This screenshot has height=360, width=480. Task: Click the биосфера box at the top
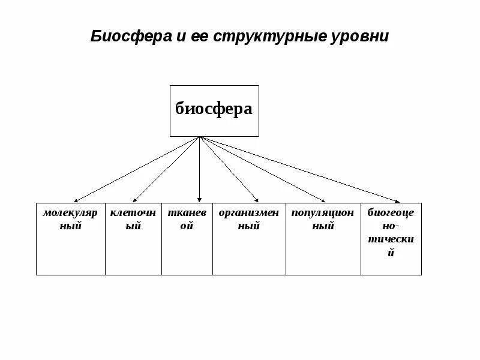pos(214,110)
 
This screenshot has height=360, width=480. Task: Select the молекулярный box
pos(71,239)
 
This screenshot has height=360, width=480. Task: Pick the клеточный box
pos(133,239)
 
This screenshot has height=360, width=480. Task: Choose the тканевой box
pos(187,239)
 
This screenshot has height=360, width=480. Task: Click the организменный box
pos(249,239)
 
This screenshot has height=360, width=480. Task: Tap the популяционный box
pos(323,239)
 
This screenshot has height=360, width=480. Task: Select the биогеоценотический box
pos(391,239)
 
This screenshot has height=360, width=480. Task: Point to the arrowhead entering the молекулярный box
pos(76,200)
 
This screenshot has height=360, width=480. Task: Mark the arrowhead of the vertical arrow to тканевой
pos(200,200)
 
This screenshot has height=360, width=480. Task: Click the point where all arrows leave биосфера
pos(200,137)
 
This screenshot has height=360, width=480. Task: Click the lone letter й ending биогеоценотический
pos(391,253)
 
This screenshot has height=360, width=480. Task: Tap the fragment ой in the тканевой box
pos(187,226)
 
